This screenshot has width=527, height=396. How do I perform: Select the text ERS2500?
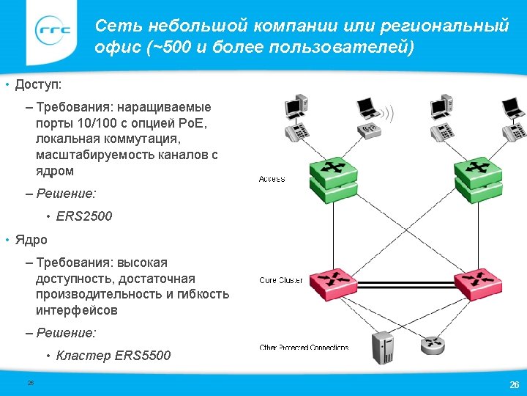pos(84,217)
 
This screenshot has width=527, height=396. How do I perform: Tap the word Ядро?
pos(31,240)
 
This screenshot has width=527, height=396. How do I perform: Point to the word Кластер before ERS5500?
pos(83,356)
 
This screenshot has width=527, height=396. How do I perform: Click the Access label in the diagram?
pos(272,179)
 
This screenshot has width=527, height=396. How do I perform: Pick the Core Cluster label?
pos(281,280)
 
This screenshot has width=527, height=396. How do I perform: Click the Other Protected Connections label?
pos(304,347)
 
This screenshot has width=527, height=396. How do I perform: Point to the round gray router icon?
pos(432,345)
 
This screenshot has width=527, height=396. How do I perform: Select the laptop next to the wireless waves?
pos(367,108)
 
